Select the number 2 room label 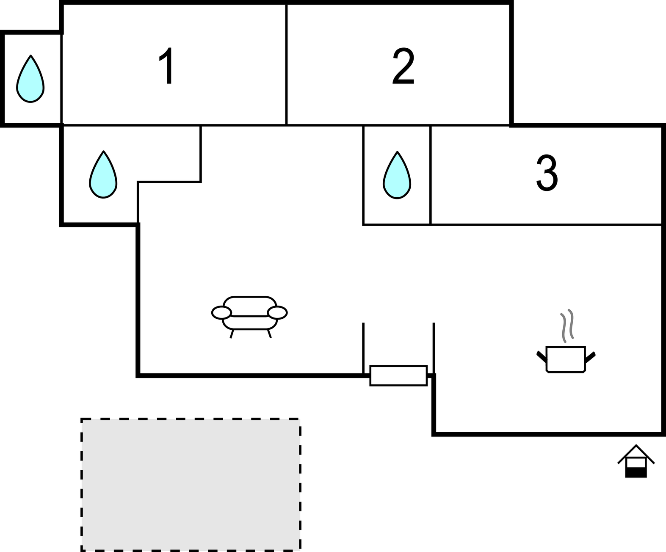[403, 66]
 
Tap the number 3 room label [547, 173]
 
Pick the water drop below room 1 [103, 176]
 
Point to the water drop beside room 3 [397, 177]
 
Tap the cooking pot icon [566, 359]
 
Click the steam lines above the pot [567, 325]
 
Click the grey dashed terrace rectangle [191, 484]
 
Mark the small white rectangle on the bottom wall [398, 375]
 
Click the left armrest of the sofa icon [221, 313]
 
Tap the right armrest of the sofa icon [278, 313]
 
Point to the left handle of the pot [541, 357]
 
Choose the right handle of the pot [591, 357]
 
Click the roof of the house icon [636, 451]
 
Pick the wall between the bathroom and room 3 [431, 174]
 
